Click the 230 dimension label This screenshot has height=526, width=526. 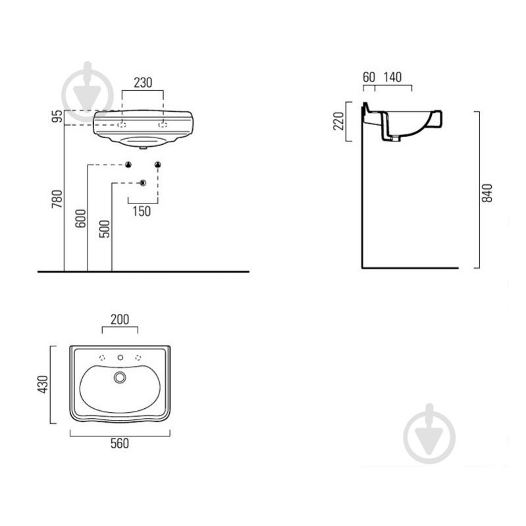[143, 82]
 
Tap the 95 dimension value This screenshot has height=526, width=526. [57, 116]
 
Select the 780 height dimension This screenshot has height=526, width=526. [57, 199]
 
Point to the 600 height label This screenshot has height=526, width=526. [80, 219]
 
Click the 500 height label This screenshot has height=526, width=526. [105, 229]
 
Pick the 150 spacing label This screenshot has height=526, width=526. [142, 211]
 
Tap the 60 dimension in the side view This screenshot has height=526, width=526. [369, 77]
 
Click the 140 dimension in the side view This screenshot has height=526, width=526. [392, 77]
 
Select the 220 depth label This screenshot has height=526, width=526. [338, 120]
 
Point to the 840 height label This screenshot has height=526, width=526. [487, 193]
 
